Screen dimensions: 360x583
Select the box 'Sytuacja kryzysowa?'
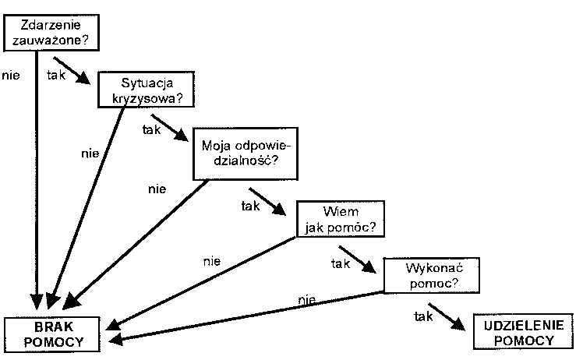tap(145, 90)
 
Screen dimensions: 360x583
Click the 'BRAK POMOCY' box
tap(53, 333)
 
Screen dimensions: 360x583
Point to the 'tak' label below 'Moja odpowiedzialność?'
tap(249, 206)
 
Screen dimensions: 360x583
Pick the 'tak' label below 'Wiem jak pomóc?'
tap(339, 263)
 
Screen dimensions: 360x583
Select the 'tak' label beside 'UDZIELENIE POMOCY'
tap(423, 317)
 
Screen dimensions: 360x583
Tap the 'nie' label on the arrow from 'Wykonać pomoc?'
tap(306, 299)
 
